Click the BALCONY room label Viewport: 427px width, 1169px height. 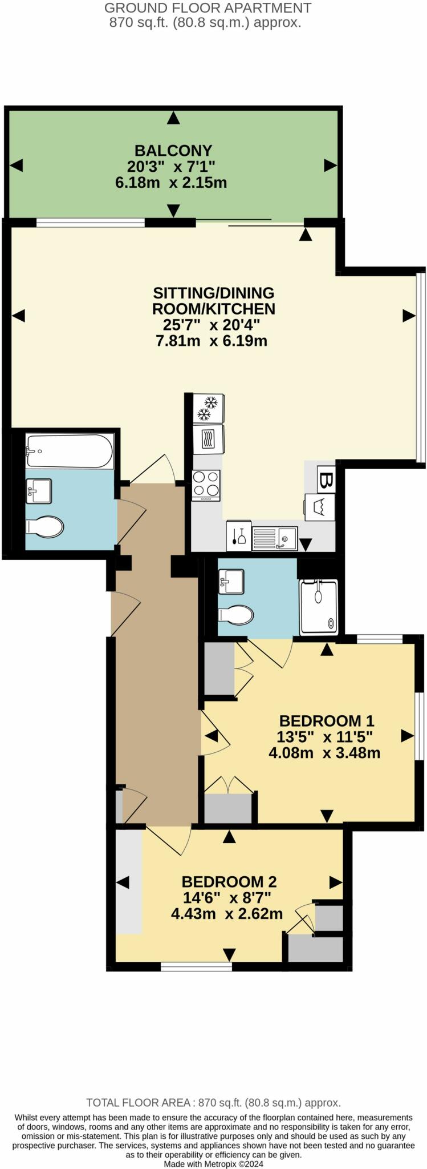point(173,151)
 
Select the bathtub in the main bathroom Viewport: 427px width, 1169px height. point(69,451)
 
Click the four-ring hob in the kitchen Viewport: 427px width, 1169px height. point(206,485)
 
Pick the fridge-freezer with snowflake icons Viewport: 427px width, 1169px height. point(208,408)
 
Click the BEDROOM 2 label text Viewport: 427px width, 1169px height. point(229,882)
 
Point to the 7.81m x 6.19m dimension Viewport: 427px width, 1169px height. point(212,341)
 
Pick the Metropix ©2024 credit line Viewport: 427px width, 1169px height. point(213,1163)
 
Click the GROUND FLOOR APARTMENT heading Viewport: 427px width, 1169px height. point(208,8)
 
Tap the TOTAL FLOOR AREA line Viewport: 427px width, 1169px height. point(213,1103)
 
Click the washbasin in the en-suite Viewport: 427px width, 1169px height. point(231,581)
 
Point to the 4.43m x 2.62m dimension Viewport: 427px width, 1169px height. point(227,914)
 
